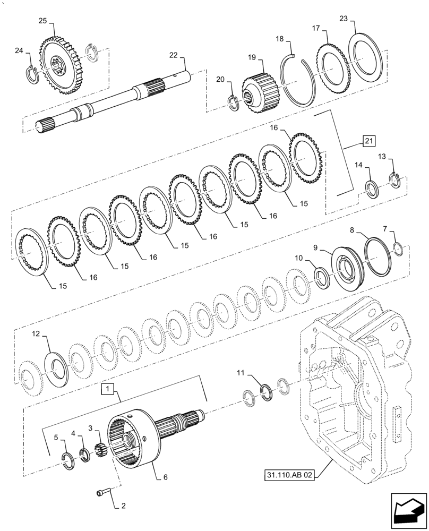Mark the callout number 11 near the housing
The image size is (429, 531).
[241, 374]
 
